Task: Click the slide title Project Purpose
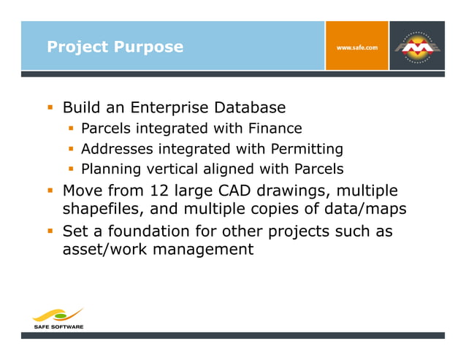pyautogui.click(x=115, y=47)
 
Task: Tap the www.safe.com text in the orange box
pyautogui.click(x=356, y=47)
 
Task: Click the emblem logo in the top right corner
pyautogui.click(x=418, y=46)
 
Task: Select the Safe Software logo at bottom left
pyautogui.click(x=58, y=318)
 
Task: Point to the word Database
pyautogui.click(x=250, y=108)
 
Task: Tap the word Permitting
pyautogui.click(x=307, y=150)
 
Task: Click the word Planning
pyautogui.click(x=110, y=170)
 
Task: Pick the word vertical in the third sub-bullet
pyautogui.click(x=169, y=170)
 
